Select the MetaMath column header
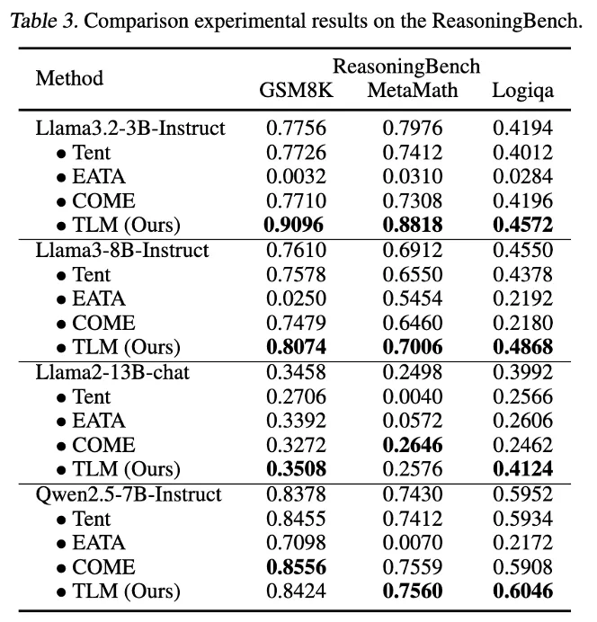413,90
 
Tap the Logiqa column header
522,90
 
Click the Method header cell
69,78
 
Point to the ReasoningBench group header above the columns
406,67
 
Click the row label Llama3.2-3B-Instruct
130,129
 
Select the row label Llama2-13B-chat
112,373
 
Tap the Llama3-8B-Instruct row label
122,251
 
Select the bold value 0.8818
413,226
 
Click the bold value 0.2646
413,445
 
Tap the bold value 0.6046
522,591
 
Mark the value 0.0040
413,397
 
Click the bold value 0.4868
522,348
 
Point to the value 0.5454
413,299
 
